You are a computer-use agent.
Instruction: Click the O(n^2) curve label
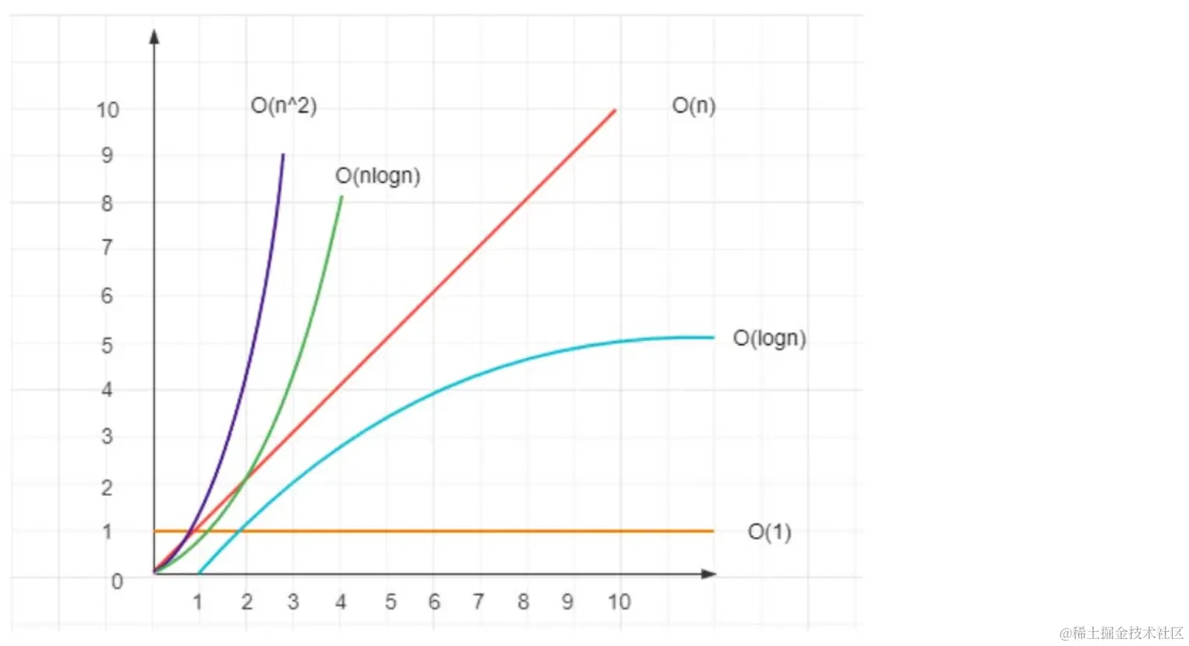click(284, 106)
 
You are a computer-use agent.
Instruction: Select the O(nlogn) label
click(378, 176)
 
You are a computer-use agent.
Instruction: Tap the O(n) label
click(693, 105)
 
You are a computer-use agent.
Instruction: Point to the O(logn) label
click(769, 339)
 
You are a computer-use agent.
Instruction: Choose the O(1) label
click(769, 532)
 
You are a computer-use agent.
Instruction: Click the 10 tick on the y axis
click(108, 110)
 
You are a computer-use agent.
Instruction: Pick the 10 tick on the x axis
click(619, 602)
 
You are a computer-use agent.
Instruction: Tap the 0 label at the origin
click(117, 581)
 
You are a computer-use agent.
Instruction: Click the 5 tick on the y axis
click(108, 345)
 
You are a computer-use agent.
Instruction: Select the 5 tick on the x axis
click(390, 602)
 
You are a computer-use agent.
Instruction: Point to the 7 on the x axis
click(478, 602)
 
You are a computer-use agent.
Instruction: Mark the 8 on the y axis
click(108, 203)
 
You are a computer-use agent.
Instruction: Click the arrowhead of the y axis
click(154, 36)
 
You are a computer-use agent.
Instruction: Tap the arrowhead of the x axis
click(709, 574)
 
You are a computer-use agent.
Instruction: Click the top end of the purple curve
click(283, 155)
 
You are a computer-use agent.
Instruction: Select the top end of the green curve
click(341, 197)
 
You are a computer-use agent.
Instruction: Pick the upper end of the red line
click(615, 111)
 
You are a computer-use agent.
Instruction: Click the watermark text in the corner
click(1121, 633)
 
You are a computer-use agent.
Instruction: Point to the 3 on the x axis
click(293, 602)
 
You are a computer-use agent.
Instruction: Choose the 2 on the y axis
click(108, 488)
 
